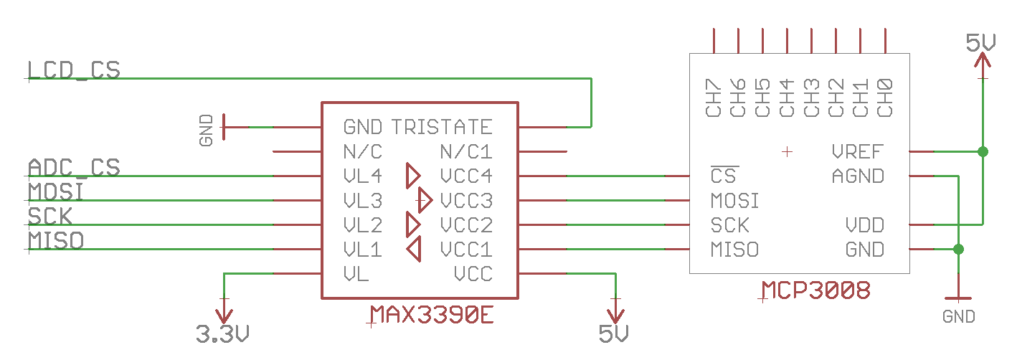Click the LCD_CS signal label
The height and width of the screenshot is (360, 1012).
pyautogui.click(x=74, y=70)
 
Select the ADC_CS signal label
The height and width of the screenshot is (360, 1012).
pyautogui.click(x=74, y=168)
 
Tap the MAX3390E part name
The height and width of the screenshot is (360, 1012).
pyautogui.click(x=432, y=315)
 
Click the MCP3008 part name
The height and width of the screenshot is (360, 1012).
pyautogui.click(x=816, y=290)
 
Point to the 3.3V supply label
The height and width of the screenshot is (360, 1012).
pyautogui.click(x=222, y=334)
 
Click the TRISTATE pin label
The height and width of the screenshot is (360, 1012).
pyautogui.click(x=442, y=128)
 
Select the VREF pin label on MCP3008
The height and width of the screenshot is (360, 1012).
pyautogui.click(x=858, y=152)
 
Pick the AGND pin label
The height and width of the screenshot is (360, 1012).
pyautogui.click(x=858, y=176)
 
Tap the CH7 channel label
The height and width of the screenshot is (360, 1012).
pyautogui.click(x=713, y=98)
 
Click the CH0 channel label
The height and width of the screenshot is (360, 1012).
pyautogui.click(x=884, y=98)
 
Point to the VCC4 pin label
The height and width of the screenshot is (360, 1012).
pyautogui.click(x=466, y=176)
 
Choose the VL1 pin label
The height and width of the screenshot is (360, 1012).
pyautogui.click(x=363, y=250)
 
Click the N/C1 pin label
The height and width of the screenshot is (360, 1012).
pyautogui.click(x=466, y=152)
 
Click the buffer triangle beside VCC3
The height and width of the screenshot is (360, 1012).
pyautogui.click(x=425, y=199)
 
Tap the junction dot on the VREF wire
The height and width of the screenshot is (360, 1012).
pyautogui.click(x=983, y=152)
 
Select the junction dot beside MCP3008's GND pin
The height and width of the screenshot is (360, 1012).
pyautogui.click(x=958, y=250)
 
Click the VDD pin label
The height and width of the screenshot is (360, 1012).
pyautogui.click(x=865, y=225)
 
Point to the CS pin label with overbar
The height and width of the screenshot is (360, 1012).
pyautogui.click(x=723, y=175)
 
